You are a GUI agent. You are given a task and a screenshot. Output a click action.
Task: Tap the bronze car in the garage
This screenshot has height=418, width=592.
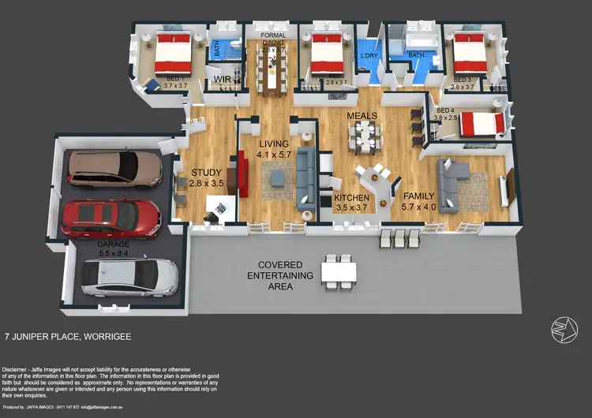(114, 166)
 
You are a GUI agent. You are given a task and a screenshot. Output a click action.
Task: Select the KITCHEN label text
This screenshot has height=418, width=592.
(351, 198)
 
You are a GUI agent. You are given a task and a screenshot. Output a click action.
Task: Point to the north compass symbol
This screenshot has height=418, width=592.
(561, 330)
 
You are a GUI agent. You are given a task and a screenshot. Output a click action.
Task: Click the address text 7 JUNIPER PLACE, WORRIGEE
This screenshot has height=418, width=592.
(68, 335)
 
